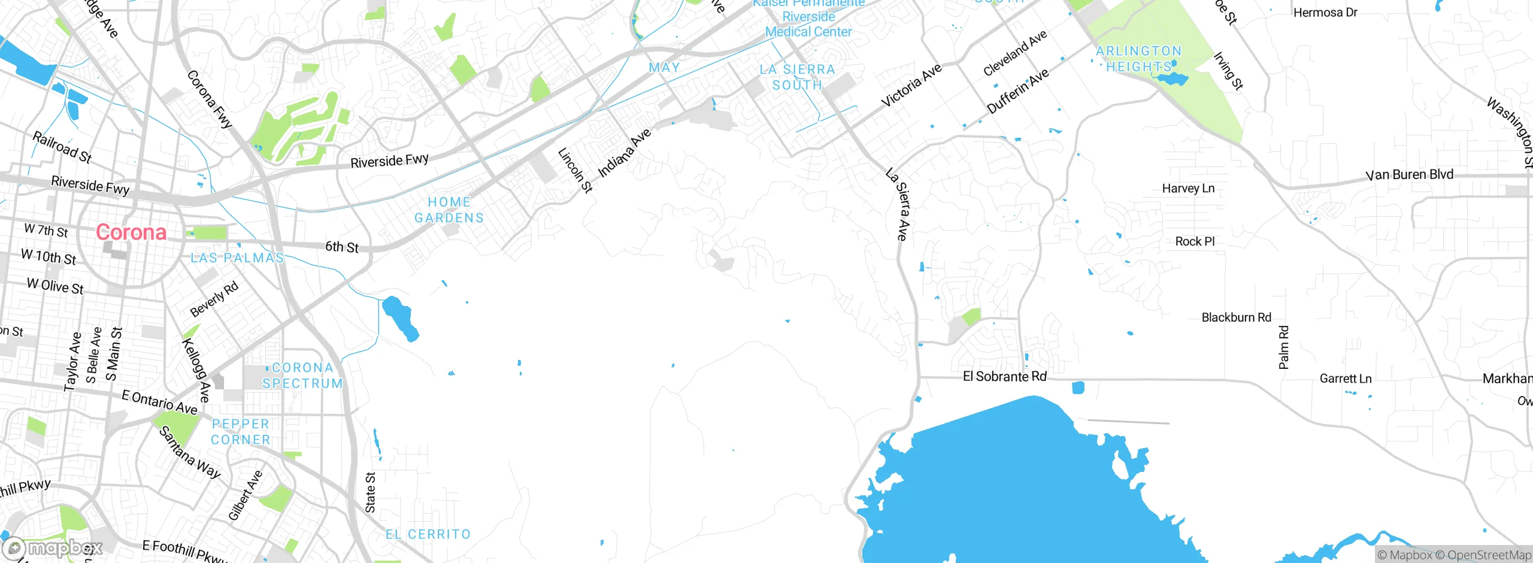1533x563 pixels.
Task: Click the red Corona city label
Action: click(x=131, y=232)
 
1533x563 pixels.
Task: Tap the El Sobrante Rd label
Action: click(x=1004, y=377)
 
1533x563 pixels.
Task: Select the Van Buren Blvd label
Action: click(x=1409, y=175)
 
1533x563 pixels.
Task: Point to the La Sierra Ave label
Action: click(x=899, y=205)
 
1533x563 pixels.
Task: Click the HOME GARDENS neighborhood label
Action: click(x=449, y=210)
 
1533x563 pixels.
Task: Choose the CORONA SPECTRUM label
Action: click(x=302, y=376)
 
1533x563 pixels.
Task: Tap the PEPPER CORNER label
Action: click(x=241, y=432)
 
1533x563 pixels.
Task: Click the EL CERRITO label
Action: click(x=428, y=534)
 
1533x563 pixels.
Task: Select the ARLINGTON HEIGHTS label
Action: click(x=1138, y=59)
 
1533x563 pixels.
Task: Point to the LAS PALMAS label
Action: click(x=237, y=258)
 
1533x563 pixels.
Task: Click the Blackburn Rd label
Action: click(x=1236, y=317)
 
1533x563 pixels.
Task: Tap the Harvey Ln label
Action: click(x=1188, y=189)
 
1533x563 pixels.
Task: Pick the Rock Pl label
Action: click(x=1195, y=241)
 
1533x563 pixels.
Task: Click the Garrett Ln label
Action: click(x=1345, y=379)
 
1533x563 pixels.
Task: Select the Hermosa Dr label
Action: click(x=1325, y=13)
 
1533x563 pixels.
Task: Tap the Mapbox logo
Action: click(x=53, y=547)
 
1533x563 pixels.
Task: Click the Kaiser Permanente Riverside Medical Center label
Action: click(x=808, y=18)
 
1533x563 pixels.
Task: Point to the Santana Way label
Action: click(x=190, y=452)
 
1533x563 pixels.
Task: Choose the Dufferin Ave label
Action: click(x=1017, y=91)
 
